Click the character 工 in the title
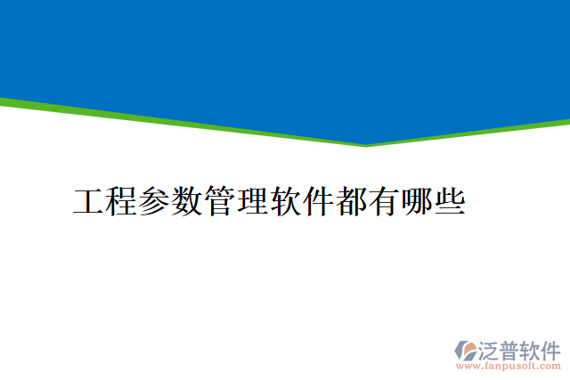89,201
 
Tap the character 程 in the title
122,201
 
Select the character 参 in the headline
155,201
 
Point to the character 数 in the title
187,201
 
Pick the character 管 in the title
220,201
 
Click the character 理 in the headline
252,201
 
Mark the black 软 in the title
285,201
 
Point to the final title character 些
449,201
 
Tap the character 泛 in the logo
491,349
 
